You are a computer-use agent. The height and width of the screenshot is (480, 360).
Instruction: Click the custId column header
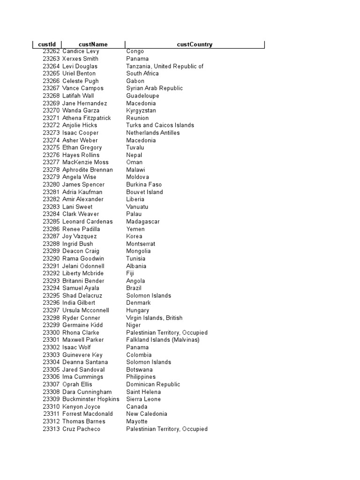click(46, 45)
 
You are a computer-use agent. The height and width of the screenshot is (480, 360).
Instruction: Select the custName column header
click(93, 45)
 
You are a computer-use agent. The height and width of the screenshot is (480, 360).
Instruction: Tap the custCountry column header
click(195, 45)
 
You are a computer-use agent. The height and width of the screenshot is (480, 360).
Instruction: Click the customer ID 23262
click(51, 51)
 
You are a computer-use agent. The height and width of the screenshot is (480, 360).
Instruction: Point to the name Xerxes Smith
click(80, 59)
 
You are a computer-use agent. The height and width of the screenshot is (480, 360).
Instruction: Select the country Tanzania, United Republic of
click(165, 66)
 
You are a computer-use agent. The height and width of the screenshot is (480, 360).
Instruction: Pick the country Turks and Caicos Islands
click(160, 125)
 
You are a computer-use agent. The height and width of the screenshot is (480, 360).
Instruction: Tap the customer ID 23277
click(51, 162)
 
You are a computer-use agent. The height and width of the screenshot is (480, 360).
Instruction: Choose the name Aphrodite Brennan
click(87, 170)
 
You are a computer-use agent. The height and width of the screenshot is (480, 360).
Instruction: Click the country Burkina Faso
click(144, 185)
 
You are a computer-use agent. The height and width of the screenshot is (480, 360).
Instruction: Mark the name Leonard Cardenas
click(87, 222)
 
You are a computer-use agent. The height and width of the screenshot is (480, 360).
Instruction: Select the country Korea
click(134, 236)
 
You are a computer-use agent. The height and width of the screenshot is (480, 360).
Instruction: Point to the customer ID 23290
click(51, 258)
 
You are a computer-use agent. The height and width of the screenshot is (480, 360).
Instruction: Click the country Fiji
click(130, 273)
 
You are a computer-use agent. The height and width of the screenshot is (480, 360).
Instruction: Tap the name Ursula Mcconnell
click(85, 310)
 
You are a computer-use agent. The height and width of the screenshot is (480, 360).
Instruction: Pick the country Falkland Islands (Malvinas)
click(163, 340)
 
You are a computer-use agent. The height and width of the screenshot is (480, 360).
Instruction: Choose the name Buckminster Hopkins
click(90, 399)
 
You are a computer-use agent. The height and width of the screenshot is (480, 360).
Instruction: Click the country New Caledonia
click(146, 414)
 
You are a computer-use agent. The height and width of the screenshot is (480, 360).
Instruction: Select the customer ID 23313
click(51, 429)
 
